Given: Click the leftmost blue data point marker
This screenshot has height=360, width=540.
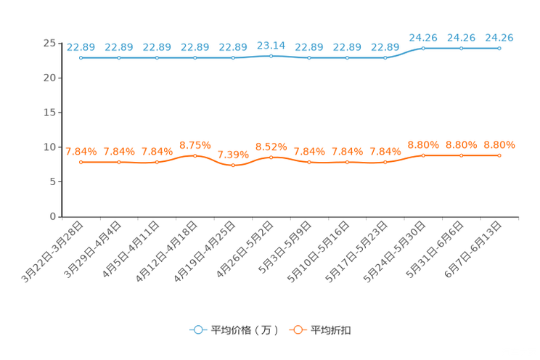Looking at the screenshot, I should pos(81,57).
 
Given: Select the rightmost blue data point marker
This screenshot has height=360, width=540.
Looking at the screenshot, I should pos(499,48).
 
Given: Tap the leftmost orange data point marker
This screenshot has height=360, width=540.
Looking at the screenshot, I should pos(81,162).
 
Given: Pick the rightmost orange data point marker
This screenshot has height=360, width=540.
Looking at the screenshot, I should pos(499,155).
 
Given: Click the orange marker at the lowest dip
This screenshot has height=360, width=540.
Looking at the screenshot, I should pos(233,165).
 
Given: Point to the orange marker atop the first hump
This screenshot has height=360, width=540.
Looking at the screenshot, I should pos(195,155).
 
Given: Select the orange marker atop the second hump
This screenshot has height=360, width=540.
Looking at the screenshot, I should pos(271,157).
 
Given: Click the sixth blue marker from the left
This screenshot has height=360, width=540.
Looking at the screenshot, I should pos(271,55).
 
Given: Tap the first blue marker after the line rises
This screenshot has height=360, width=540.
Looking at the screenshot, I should pos(423,48).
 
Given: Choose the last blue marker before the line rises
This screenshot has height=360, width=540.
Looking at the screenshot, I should pos(385,57).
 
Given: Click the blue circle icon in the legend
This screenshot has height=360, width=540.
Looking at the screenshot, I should pos(197,329).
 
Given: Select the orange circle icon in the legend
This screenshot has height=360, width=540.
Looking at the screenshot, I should pos(297,329).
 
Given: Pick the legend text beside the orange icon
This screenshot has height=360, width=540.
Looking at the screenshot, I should pos(332,330).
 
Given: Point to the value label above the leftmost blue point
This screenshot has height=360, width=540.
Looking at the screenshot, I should pos(81,47).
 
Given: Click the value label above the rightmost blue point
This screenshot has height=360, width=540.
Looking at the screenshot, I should pos(499,37).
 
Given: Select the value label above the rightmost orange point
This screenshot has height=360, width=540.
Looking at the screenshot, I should pos(499,145).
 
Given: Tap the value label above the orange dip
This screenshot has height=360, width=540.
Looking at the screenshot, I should pos(233,154).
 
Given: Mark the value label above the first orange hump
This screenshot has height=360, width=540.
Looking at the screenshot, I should pos(195,145).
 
